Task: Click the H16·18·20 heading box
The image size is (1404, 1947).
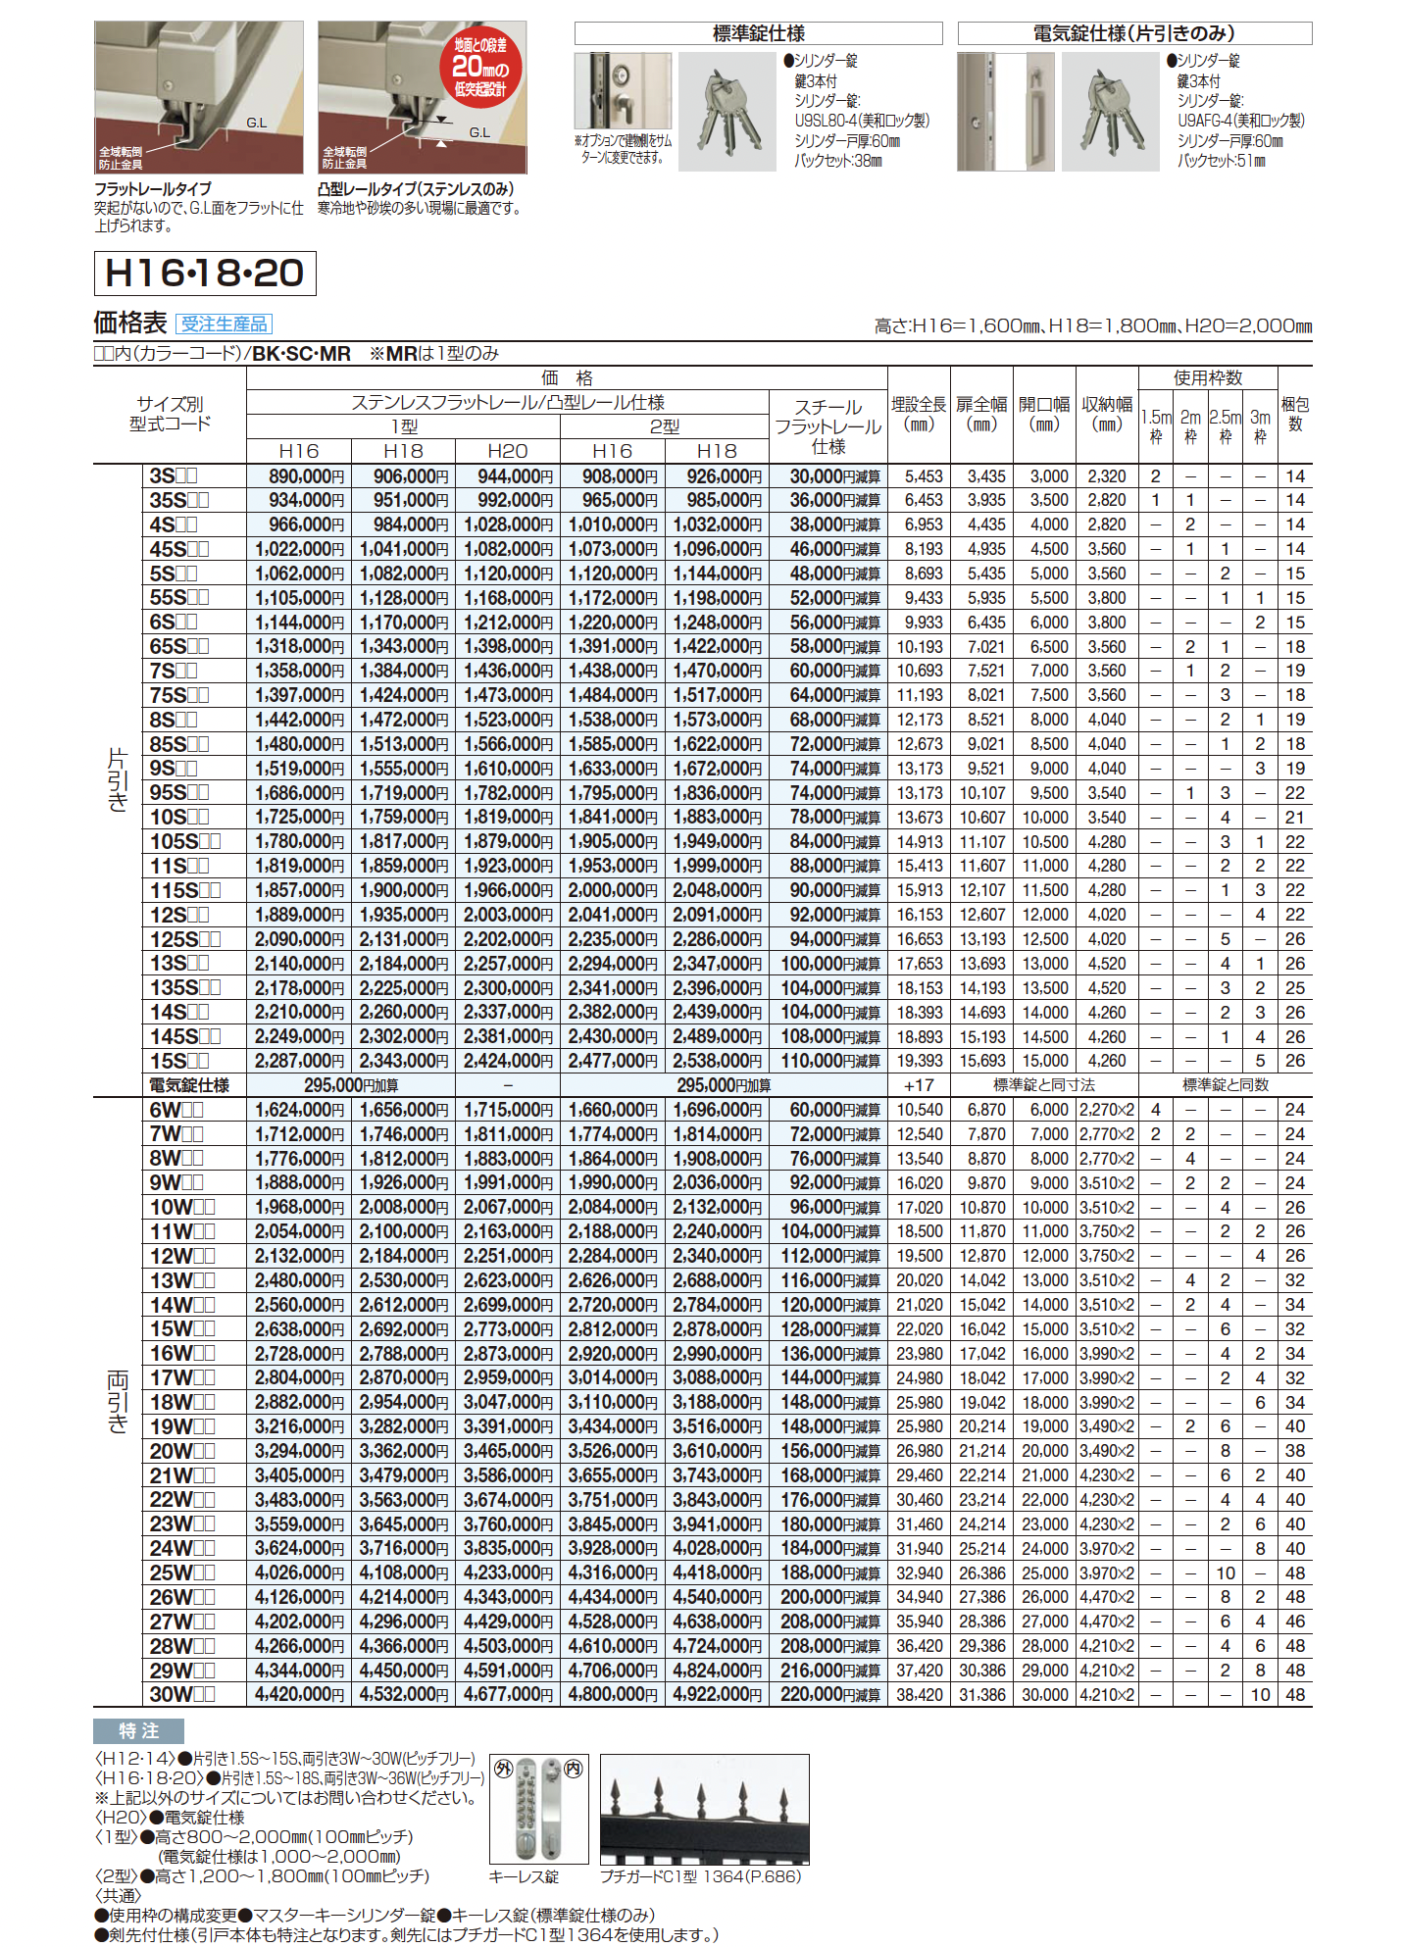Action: [x=205, y=274]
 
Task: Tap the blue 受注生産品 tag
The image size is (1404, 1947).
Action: [x=225, y=324]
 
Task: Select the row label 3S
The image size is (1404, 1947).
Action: [x=174, y=476]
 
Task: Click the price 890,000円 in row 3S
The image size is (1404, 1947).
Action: [x=299, y=476]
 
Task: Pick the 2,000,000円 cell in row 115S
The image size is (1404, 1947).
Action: [x=613, y=890]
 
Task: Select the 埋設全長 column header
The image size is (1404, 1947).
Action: [x=919, y=414]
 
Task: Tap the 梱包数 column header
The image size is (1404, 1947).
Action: [x=1295, y=414]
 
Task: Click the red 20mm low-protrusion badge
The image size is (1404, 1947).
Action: [x=479, y=67]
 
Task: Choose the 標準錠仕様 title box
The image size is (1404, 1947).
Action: [x=758, y=33]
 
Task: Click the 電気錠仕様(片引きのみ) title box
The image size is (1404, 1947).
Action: [x=1134, y=33]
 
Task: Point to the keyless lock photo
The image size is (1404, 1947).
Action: [x=539, y=1809]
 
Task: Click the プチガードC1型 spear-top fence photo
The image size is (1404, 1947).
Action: [x=704, y=1809]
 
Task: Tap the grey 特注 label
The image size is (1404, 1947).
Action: [x=138, y=1731]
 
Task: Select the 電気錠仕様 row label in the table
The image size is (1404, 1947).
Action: [x=189, y=1085]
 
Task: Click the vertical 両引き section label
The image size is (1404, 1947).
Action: [x=118, y=1402]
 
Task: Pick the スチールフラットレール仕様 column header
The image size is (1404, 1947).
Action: [x=828, y=426]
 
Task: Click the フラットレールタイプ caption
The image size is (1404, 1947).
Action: [x=153, y=189]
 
